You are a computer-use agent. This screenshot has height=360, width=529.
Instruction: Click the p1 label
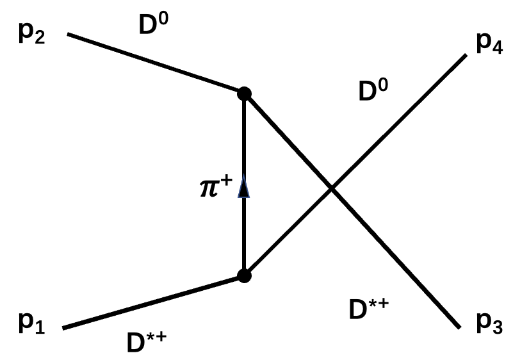30,325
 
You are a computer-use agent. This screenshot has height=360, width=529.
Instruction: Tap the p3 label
489,326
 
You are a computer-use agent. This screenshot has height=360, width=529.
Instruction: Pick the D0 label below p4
375,92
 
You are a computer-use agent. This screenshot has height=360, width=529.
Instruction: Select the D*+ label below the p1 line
147,343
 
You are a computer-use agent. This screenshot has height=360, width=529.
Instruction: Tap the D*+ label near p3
368,309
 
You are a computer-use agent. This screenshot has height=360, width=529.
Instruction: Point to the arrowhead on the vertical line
243,189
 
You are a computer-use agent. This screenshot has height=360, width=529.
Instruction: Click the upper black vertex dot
243,94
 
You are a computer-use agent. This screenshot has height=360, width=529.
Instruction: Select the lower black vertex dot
243,275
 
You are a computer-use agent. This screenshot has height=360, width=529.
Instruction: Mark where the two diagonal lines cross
331,188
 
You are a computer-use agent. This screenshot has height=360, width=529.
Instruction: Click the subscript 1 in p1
38,329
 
